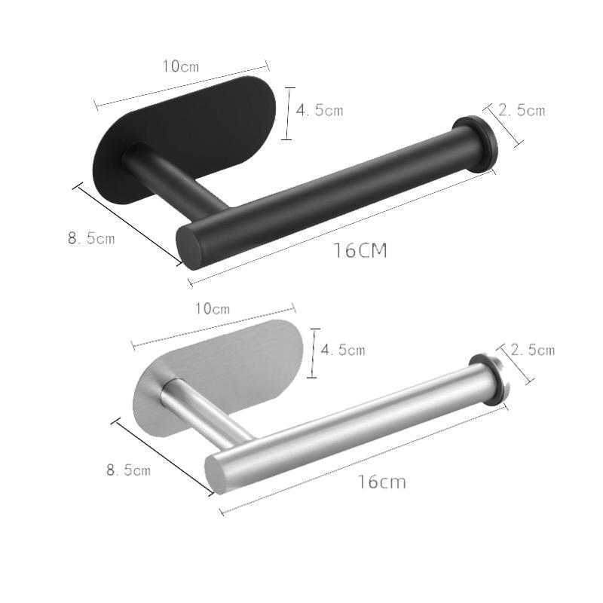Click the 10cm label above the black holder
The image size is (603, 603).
[x=181, y=66]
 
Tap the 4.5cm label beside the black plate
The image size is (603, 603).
[x=320, y=110]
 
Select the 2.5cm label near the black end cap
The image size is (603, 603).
[x=522, y=110]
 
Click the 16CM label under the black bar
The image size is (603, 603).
[x=360, y=251]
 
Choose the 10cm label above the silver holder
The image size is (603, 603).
[x=212, y=308]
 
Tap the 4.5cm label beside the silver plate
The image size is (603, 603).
[x=343, y=350]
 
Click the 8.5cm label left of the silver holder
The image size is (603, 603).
[x=128, y=470]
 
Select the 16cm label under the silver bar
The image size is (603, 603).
[x=381, y=482]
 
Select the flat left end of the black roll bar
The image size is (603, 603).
[x=190, y=246]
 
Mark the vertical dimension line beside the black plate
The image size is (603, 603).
[x=287, y=113]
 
